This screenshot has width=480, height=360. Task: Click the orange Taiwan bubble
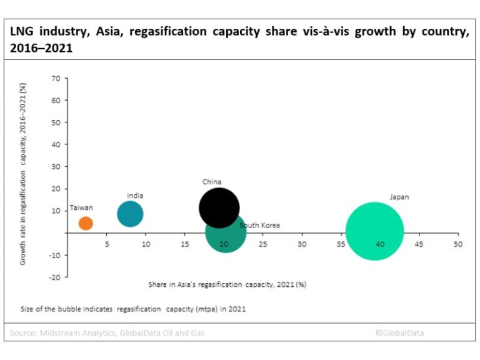point(86,223)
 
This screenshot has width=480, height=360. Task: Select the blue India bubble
point(130,214)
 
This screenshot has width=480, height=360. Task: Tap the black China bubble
point(219,209)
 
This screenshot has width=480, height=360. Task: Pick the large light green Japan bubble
point(374,231)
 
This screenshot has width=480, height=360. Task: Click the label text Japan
point(399,197)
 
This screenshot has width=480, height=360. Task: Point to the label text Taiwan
point(81,207)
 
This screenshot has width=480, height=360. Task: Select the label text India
point(135,196)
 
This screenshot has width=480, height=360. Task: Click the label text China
point(211,182)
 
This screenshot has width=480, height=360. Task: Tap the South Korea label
point(259,225)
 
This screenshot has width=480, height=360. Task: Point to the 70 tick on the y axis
point(56,78)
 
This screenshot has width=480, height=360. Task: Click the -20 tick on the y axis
point(54,277)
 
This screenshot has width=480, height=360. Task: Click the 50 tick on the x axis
point(457,244)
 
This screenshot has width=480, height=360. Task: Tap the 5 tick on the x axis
point(107,244)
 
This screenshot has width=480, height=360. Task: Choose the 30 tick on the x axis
point(302,244)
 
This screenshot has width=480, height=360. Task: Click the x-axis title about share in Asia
point(227,284)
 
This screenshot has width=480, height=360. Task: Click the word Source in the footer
point(22,333)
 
